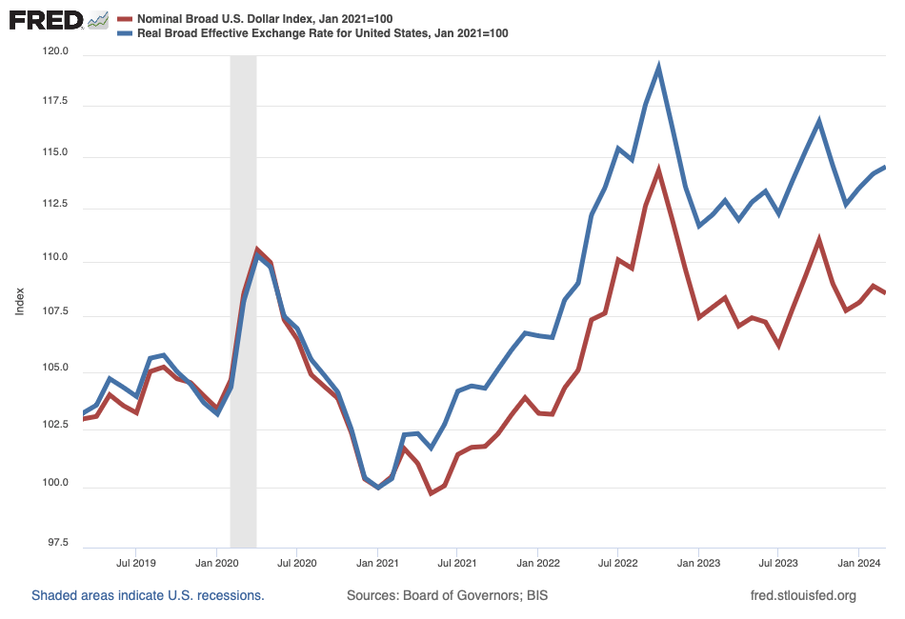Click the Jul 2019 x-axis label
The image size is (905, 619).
point(136,562)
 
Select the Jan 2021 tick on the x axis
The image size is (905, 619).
point(377,562)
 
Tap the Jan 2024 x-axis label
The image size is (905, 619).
point(859,562)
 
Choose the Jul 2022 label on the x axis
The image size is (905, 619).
point(617,562)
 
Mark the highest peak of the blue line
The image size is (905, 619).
point(658,67)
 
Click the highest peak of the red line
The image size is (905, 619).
point(658,170)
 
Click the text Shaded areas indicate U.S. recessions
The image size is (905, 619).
point(148,596)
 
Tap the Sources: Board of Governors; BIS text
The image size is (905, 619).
point(447,596)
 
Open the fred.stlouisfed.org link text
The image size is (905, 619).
point(804,596)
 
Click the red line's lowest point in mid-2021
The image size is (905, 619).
point(431,492)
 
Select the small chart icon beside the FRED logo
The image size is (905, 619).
point(97,20)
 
